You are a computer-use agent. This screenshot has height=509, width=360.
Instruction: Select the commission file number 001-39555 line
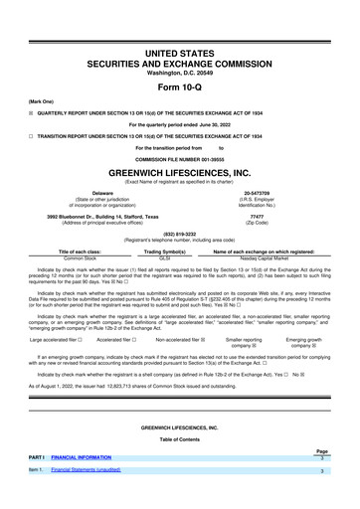point(179,158)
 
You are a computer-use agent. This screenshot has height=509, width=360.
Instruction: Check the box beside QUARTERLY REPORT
point(31,112)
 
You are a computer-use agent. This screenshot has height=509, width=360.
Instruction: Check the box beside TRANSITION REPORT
point(31,135)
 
